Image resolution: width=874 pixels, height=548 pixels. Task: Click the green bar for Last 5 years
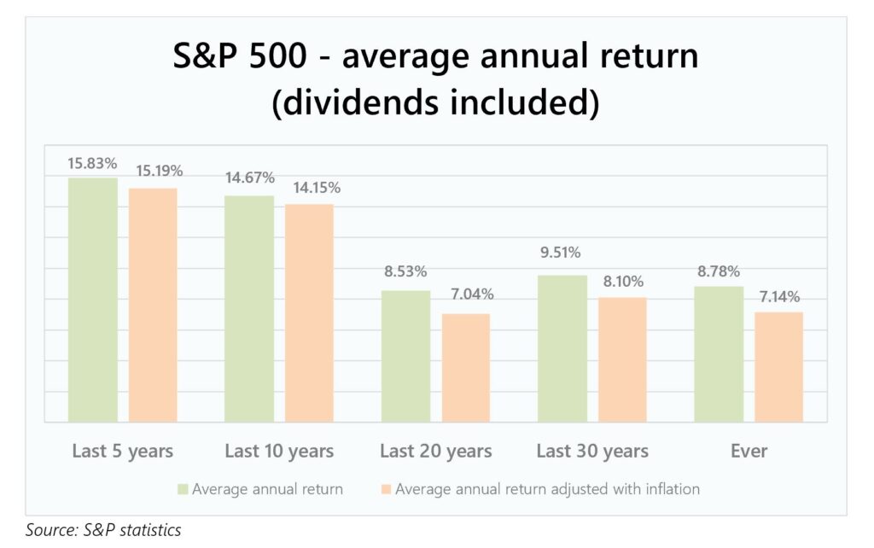(93, 300)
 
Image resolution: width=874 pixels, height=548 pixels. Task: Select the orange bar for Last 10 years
(309, 313)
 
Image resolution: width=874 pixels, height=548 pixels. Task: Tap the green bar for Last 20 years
(405, 356)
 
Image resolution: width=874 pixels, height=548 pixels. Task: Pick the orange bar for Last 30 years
(622, 359)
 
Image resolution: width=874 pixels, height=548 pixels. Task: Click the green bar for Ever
(719, 354)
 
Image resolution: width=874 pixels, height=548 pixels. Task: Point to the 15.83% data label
(92, 163)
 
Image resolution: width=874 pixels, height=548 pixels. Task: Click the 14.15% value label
(317, 188)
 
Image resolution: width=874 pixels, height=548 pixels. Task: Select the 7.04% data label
(472, 294)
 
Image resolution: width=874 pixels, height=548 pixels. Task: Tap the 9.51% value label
(560, 253)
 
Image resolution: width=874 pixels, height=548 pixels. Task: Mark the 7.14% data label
(779, 296)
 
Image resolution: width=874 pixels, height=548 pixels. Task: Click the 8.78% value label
(719, 271)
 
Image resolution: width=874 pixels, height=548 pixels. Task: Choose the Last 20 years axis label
(436, 451)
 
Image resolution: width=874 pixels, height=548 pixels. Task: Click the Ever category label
(749, 451)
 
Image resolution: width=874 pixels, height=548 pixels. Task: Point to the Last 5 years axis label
(123, 451)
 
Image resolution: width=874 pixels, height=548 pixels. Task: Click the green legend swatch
(183, 489)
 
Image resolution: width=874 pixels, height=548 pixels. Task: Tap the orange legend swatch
(387, 489)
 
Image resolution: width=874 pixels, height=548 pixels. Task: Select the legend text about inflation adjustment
(547, 489)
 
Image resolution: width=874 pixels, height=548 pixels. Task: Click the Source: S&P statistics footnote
(103, 529)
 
